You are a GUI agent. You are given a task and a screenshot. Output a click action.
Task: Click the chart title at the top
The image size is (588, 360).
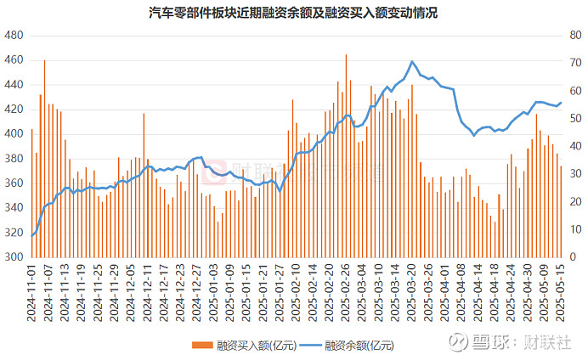293,13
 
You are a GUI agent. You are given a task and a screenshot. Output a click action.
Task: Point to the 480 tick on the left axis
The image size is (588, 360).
14,36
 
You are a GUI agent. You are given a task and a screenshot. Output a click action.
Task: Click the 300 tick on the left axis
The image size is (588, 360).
14,256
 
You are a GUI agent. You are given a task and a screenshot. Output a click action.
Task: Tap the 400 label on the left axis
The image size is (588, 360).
14,134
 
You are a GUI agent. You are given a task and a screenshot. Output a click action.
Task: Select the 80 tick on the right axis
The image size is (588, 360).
574,36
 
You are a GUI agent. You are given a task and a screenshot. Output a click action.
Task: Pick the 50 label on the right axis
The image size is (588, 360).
574,118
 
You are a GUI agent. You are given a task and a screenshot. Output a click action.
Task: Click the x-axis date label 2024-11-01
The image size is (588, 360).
32,289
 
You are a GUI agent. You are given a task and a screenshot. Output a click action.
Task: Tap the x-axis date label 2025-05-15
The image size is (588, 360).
561,289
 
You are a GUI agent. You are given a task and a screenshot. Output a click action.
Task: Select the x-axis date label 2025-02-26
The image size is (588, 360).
346,289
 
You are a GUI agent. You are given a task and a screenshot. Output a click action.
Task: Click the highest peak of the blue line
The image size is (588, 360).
412,61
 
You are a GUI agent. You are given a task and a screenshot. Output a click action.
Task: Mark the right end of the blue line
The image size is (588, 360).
561,103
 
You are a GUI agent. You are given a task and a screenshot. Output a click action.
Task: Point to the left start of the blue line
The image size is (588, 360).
32,235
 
